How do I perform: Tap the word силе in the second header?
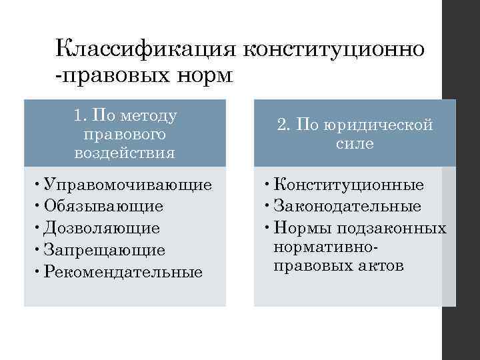click(x=355, y=143)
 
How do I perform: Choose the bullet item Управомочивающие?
click(x=127, y=185)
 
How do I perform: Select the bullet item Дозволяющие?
click(x=101, y=229)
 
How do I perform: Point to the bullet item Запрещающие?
click(x=103, y=251)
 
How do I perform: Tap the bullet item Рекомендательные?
click(x=123, y=273)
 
